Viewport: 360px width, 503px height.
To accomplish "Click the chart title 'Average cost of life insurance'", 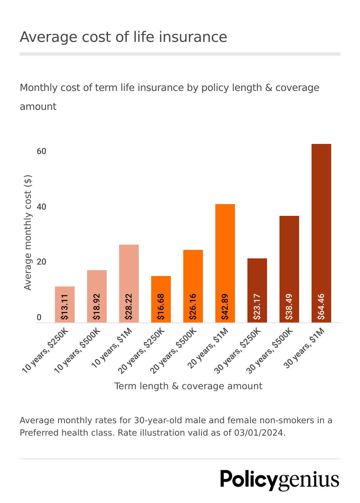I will coord(123,37).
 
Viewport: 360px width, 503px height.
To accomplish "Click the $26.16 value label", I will coord(193,306).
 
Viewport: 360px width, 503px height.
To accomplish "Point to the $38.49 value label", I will coord(289,306).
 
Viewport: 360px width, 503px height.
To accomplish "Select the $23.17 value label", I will coord(257,306).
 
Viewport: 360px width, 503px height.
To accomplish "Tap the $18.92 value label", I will coord(97,306).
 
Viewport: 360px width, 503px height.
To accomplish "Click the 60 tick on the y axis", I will coord(42,151).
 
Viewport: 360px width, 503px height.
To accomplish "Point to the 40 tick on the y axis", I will coord(42,207).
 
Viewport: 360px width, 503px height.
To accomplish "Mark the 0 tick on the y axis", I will coord(39,318).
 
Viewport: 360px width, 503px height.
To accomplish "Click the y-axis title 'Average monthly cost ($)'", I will coord(28,233).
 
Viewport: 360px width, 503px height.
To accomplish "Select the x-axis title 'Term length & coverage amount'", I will coord(188,386).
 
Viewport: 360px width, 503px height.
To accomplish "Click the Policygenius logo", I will coord(279,480).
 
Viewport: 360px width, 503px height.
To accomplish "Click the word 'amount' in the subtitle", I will coord(38,107).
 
